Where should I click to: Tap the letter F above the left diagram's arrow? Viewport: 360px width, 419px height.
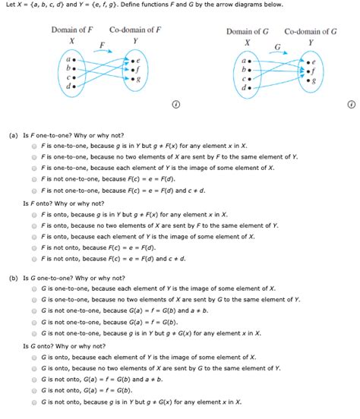click(101, 46)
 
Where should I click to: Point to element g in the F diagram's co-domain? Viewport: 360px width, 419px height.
click(137, 79)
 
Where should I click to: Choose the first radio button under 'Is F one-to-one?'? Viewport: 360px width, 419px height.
click(35, 145)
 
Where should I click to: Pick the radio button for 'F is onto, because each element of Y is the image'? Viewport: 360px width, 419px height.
click(35, 236)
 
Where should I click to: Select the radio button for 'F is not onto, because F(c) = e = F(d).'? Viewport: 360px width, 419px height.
click(35, 247)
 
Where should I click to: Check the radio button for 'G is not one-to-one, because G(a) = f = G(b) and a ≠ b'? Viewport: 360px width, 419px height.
click(35, 311)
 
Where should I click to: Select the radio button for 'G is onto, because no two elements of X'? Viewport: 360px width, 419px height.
click(35, 368)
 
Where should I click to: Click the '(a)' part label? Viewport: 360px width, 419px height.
click(14, 134)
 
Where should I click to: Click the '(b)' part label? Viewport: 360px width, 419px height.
click(14, 279)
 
